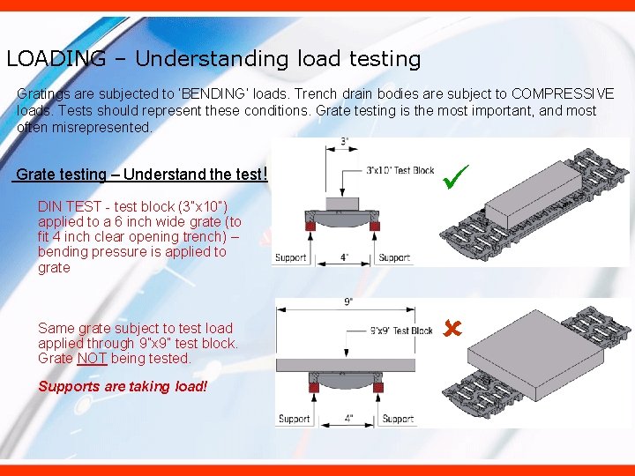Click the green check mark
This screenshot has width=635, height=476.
pos(455,177)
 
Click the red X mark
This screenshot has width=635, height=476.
pos(452,328)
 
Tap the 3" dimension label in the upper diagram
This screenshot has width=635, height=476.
pos(344,141)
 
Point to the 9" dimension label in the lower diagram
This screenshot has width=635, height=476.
pos(348,302)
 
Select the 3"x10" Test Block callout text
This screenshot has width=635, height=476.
pos(400,170)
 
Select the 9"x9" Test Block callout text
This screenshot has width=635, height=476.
pos(401,331)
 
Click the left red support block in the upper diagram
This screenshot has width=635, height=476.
pos(310,226)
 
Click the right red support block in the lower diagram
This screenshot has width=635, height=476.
pos(378,388)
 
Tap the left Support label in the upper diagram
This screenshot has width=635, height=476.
pos(290,257)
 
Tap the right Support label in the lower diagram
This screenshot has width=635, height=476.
pos(398,419)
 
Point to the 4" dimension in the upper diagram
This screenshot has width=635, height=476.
pos(344,257)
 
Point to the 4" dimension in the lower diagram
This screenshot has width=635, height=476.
pos(348,419)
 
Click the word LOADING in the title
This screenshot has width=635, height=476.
pos(56,58)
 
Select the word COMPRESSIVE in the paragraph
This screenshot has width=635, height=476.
pos(563,93)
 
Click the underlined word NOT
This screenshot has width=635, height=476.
pos(92,358)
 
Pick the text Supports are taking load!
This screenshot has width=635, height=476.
pos(123,386)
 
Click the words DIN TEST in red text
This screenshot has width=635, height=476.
pos(70,206)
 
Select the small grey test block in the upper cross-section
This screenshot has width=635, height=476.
pos(342,204)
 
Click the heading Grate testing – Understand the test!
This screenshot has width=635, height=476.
pos(140,174)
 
